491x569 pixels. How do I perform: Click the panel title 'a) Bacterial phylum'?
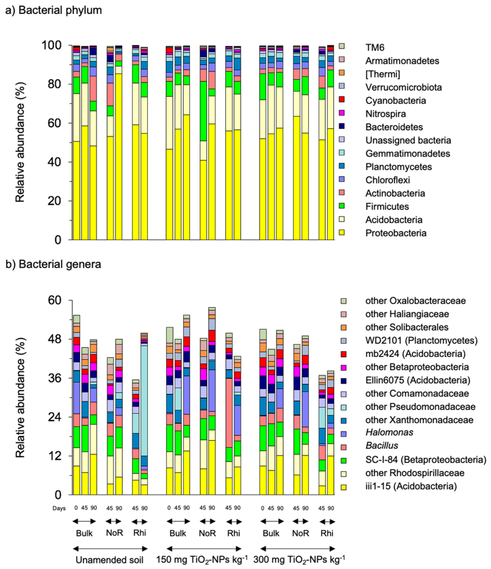[54, 11]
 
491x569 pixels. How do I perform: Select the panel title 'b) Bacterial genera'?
[53, 264]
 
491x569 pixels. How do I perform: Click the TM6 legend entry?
[374, 47]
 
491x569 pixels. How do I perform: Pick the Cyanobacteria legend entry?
[395, 101]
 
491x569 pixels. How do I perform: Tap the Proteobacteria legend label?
[396, 233]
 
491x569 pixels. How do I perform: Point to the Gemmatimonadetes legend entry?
[407, 153]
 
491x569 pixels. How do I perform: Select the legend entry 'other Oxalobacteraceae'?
[415, 301]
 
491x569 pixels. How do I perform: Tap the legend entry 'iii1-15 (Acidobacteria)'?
[411, 486]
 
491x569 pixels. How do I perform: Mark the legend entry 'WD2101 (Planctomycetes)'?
[421, 341]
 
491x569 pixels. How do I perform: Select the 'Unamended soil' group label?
[109, 560]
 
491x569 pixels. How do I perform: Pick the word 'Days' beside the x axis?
[59, 508]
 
